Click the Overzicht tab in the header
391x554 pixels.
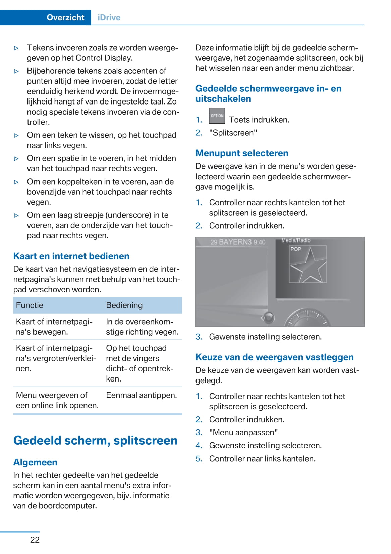click(65, 17)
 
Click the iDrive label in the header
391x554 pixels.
click(109, 17)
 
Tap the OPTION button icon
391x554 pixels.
click(217, 116)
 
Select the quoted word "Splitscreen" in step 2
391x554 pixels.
click(233, 133)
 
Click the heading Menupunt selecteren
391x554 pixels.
click(242, 153)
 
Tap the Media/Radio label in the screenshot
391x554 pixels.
click(296, 240)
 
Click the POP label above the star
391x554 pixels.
click(296, 249)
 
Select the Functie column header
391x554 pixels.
click(30, 305)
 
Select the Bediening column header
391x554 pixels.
click(124, 305)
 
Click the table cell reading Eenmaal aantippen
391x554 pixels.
click(141, 395)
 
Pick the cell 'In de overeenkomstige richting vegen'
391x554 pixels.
click(142, 327)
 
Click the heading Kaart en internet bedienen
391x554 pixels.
click(71, 256)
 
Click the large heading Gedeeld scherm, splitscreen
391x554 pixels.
click(95, 440)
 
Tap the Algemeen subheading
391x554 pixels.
click(35, 462)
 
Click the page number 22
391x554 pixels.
click(35, 540)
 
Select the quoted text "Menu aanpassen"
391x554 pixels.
click(243, 432)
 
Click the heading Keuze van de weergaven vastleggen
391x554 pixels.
click(274, 357)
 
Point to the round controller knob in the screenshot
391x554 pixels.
click(268, 317)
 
